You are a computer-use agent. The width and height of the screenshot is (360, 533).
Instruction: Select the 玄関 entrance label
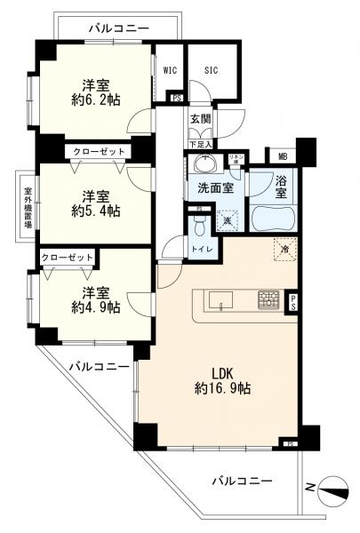[x=201, y=118]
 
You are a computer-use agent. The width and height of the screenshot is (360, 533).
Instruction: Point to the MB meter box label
[x=283, y=156]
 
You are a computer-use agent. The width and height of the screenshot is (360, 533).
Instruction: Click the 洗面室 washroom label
[x=215, y=188]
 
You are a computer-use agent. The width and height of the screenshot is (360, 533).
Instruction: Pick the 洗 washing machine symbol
[x=228, y=219]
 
